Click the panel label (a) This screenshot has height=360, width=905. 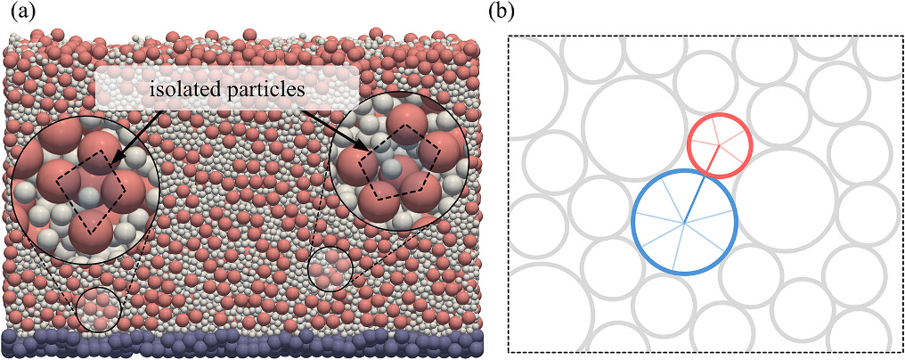23,12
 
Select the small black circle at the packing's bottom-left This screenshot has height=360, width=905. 99,310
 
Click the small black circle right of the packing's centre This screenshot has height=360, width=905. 330,269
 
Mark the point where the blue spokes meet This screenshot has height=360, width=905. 684,223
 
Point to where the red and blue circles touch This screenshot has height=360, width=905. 706,175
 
